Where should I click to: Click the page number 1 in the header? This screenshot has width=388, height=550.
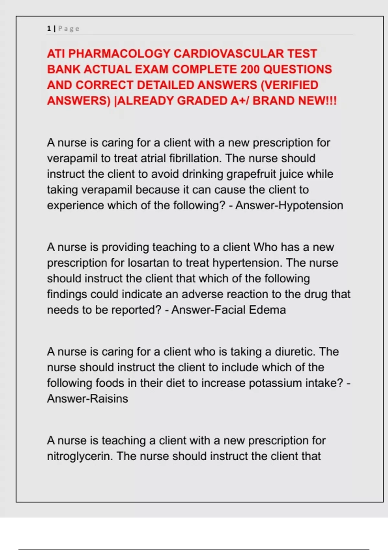(x=49, y=28)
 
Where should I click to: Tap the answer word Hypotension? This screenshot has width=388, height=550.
(x=311, y=205)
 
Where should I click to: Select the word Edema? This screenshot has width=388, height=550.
(x=267, y=310)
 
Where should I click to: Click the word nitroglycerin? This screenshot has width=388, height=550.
(x=80, y=456)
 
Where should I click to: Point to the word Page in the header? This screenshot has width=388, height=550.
(x=69, y=29)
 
